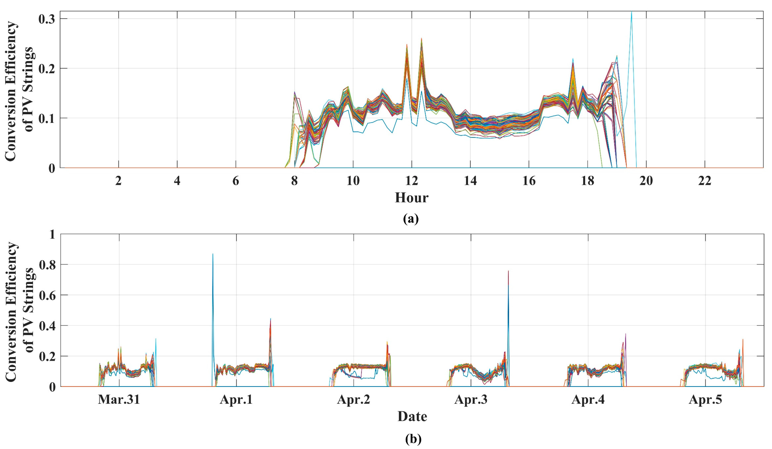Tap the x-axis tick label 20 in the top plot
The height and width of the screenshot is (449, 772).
point(646,181)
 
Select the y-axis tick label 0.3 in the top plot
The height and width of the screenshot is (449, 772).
point(47,19)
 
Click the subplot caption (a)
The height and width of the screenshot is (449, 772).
point(411,219)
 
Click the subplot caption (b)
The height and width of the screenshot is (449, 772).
point(413,439)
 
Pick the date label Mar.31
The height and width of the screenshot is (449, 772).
point(119,400)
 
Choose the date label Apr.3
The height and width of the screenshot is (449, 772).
point(471,400)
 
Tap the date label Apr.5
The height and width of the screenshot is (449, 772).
point(705,400)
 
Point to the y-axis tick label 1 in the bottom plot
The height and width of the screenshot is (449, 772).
point(52,234)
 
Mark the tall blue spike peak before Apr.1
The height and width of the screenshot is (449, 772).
point(213,254)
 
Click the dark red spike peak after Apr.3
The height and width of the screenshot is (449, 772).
point(508,271)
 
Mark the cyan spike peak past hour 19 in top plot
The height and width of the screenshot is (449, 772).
point(631,12)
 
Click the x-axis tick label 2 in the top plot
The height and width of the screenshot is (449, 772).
point(118,181)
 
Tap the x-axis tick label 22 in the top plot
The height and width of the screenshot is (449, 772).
point(705,181)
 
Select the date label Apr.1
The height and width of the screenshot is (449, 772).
point(236,400)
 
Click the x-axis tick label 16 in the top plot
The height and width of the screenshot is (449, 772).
point(529,181)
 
